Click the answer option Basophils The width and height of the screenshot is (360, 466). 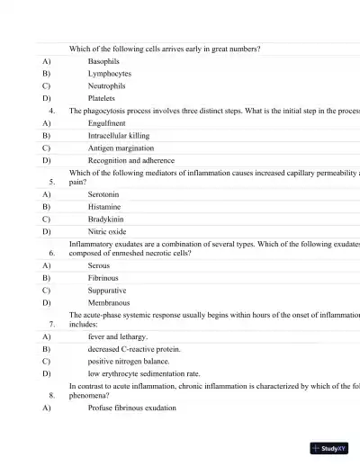(103, 61)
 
